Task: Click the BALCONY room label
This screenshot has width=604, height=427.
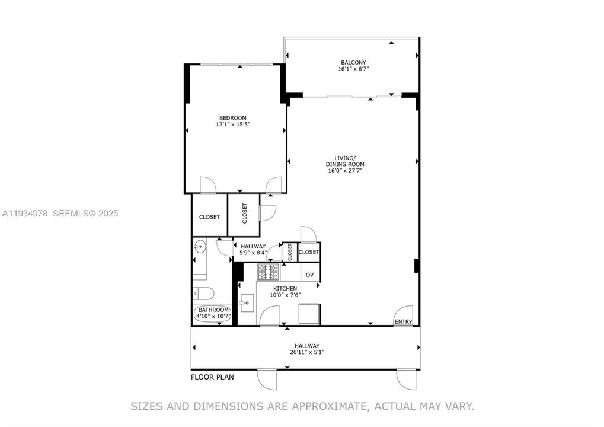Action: pyautogui.click(x=353, y=62)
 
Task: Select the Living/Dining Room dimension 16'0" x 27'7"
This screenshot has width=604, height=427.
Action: pyautogui.click(x=345, y=171)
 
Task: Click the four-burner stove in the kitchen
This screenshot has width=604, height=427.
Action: pyautogui.click(x=268, y=272)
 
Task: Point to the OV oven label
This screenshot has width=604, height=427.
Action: pyautogui.click(x=309, y=275)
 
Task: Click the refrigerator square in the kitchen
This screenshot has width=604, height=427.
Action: pyautogui.click(x=309, y=314)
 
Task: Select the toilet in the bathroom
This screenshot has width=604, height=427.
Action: pyautogui.click(x=203, y=293)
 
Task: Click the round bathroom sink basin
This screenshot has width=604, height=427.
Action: pyautogui.click(x=199, y=246)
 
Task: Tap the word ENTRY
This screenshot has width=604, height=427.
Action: pyautogui.click(x=403, y=322)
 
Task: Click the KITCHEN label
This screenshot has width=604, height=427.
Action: pyautogui.click(x=285, y=289)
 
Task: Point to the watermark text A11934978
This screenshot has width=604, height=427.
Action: pyautogui.click(x=25, y=213)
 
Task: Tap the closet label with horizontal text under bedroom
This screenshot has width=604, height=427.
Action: pyautogui.click(x=209, y=217)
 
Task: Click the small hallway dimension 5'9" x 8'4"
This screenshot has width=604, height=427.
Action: pyautogui.click(x=253, y=253)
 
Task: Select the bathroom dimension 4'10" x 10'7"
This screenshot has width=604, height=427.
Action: pyautogui.click(x=213, y=316)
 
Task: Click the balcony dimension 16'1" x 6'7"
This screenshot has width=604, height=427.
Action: pyautogui.click(x=353, y=69)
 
